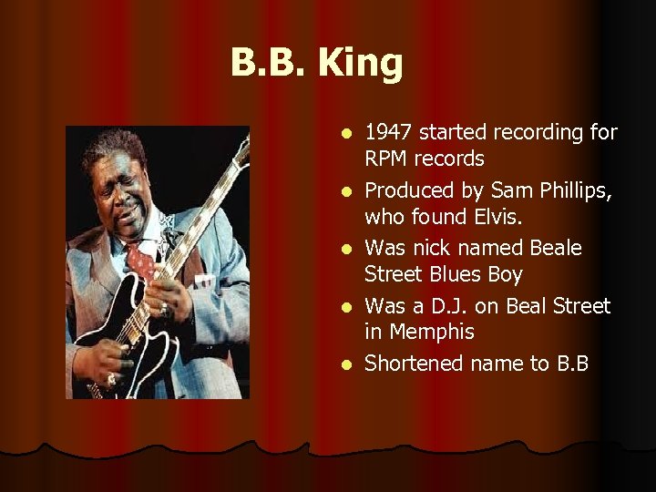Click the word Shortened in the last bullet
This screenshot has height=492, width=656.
pyautogui.click(x=414, y=364)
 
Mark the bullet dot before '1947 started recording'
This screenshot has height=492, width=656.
pyautogui.click(x=343, y=134)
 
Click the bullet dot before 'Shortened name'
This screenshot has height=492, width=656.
pyautogui.click(x=343, y=364)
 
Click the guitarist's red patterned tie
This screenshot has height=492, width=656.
pyautogui.click(x=143, y=264)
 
